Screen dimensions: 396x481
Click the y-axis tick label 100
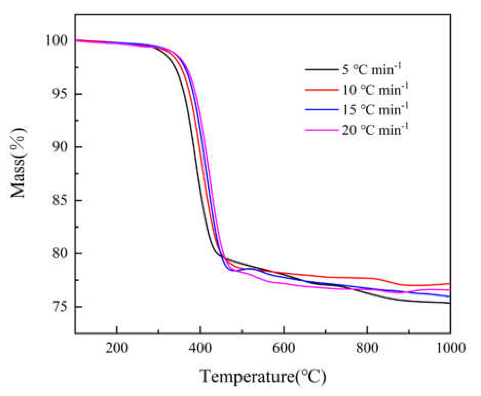tap(56, 40)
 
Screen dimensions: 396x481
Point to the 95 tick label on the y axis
tap(60, 94)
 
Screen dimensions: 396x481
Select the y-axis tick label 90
tap(60, 147)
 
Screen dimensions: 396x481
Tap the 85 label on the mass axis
tap(60, 200)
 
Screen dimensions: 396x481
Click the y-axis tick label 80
tap(60, 253)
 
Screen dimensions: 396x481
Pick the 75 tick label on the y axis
tap(60, 307)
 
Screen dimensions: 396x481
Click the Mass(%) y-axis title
tap(18, 163)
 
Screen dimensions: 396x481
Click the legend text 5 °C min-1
tap(372, 69)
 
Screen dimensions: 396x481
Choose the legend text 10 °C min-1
tap(375, 90)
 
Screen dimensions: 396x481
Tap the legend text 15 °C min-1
tap(375, 110)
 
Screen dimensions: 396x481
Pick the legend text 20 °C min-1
tap(375, 130)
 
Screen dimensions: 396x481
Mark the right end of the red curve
tap(450, 284)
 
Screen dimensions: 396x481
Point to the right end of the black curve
tap(450, 303)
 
